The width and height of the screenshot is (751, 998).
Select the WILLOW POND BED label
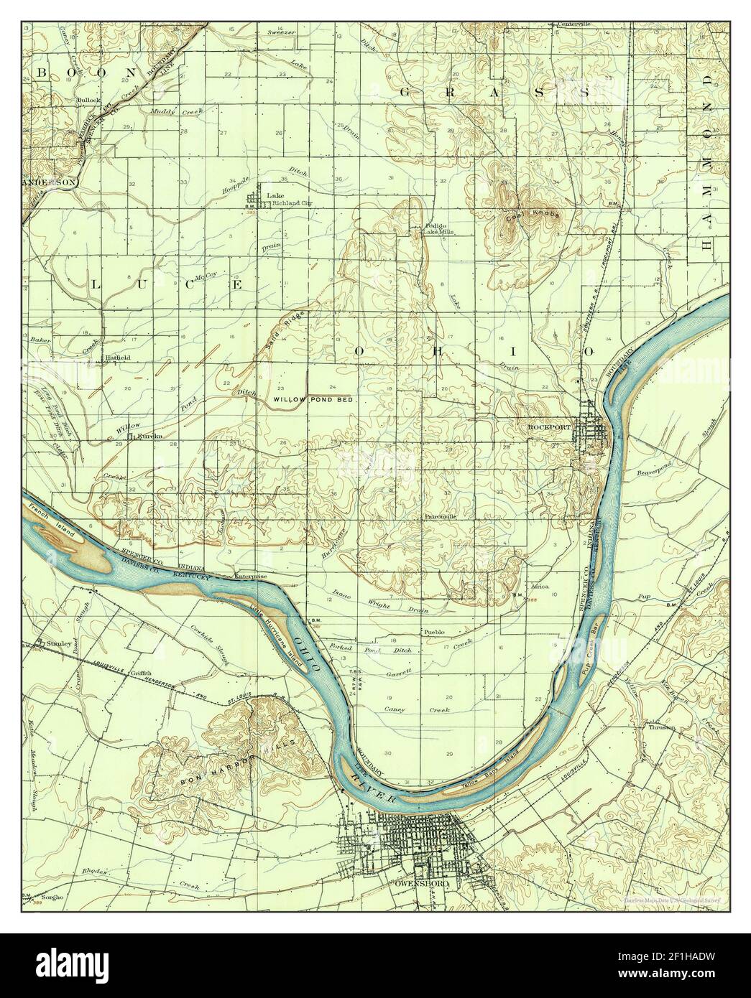pos(313,398)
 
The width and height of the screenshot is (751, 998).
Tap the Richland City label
pos(290,204)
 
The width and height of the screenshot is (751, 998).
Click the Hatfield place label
pos(117,357)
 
